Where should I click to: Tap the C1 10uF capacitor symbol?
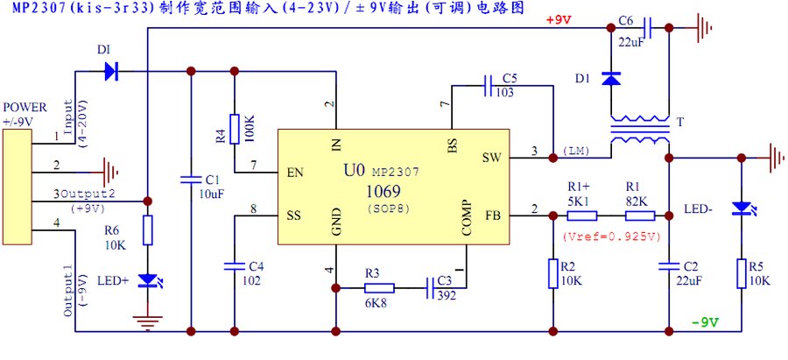(191, 180)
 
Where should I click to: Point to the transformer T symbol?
(638, 131)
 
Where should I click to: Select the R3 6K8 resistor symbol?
(380, 286)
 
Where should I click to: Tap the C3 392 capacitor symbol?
(433, 286)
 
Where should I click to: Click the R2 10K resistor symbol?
(553, 272)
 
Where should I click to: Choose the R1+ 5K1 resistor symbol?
(581, 214)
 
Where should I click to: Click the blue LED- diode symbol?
(742, 208)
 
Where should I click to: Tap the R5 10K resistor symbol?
(742, 272)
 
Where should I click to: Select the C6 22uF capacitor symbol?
(646, 30)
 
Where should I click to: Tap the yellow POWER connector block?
(17, 184)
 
